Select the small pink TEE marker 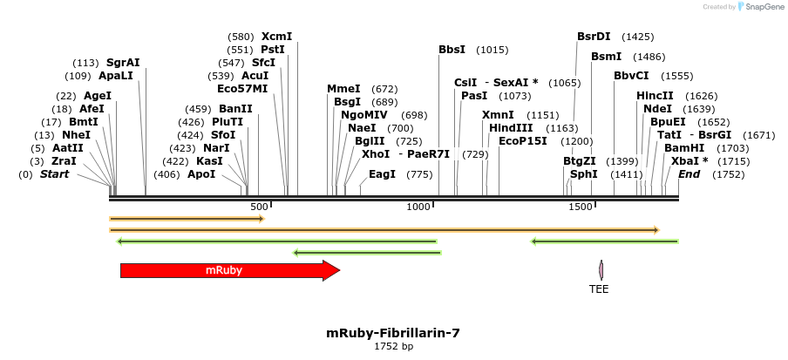pyautogui.click(x=601, y=270)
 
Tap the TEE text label pyautogui.click(x=599, y=289)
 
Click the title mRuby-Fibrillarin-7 pyautogui.click(x=393, y=333)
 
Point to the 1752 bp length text pyautogui.click(x=393, y=347)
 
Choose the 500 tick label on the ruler pyautogui.click(x=258, y=207)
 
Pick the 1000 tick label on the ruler pyautogui.click(x=418, y=207)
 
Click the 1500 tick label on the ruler pyautogui.click(x=580, y=207)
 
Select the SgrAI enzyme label pyautogui.click(x=123, y=63)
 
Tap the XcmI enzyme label pyautogui.click(x=276, y=37)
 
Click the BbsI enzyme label pyautogui.click(x=452, y=50)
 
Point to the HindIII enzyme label pyautogui.click(x=511, y=128)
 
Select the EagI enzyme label pyautogui.click(x=382, y=174)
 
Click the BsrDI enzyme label pyautogui.click(x=594, y=37)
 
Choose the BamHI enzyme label pyautogui.click(x=684, y=148)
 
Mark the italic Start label pyautogui.click(x=54, y=174)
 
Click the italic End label pyautogui.click(x=689, y=174)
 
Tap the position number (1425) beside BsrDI pyautogui.click(x=637, y=37)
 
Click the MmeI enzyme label pyautogui.click(x=343, y=89)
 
